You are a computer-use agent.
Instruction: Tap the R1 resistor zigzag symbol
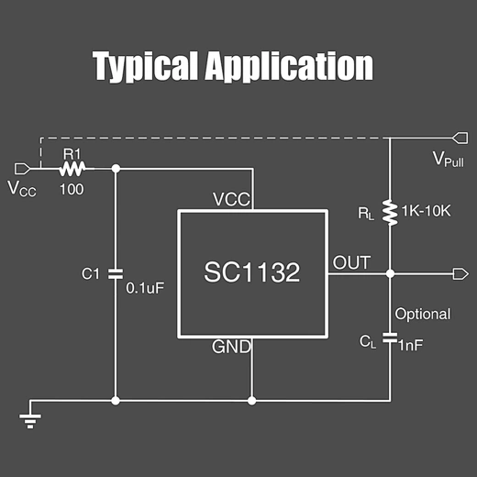(72, 168)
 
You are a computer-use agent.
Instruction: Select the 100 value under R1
(72, 189)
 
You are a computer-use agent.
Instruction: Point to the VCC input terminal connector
(25, 168)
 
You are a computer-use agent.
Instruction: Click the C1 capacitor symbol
(116, 273)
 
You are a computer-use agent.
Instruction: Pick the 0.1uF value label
(145, 287)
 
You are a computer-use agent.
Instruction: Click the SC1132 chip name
(251, 272)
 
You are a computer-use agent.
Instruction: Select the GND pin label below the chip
(232, 347)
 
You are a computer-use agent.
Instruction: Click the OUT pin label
(351, 263)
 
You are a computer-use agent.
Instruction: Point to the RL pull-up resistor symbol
(390, 212)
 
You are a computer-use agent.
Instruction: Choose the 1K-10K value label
(427, 210)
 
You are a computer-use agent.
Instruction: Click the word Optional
(423, 314)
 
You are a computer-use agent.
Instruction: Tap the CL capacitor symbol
(390, 341)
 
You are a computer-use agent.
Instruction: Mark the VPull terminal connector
(460, 139)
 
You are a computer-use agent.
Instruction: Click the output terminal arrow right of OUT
(460, 273)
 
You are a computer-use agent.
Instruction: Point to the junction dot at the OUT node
(390, 273)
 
